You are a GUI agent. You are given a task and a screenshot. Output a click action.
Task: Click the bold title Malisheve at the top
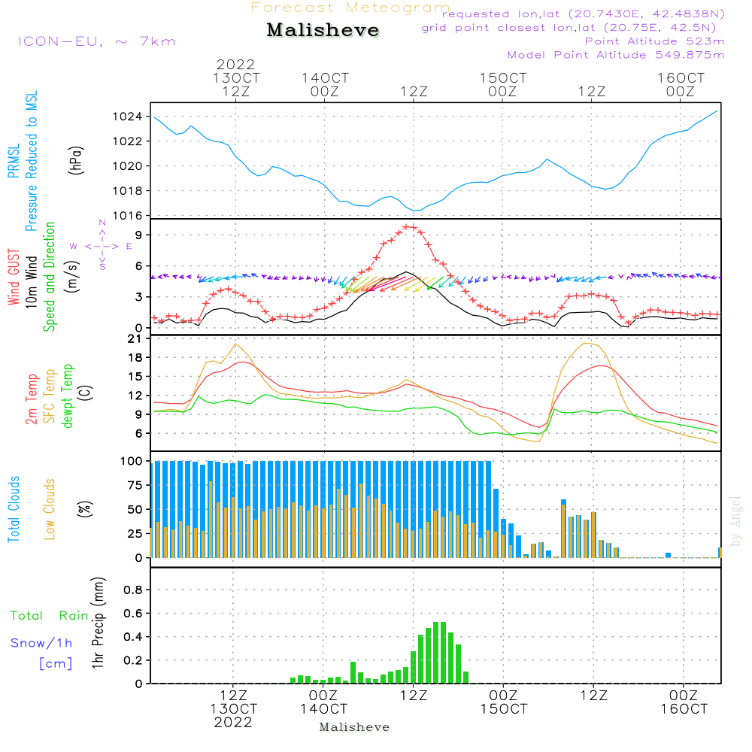point(323,30)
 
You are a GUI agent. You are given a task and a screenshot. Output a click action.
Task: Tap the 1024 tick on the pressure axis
point(127,117)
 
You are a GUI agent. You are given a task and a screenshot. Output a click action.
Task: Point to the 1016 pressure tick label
point(127,215)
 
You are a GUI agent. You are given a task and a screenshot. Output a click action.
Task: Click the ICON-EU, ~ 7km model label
point(97,41)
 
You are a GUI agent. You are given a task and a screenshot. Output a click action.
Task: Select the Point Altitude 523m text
point(654,41)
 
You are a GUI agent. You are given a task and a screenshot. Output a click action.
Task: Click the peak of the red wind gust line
point(408,226)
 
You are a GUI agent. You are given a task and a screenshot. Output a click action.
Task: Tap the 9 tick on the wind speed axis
point(139,235)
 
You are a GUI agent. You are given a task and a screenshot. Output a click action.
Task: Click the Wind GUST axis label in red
point(14,277)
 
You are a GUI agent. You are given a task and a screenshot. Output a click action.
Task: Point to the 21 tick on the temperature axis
point(135,338)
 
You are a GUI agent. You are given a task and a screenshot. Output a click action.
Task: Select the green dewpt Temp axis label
point(67,396)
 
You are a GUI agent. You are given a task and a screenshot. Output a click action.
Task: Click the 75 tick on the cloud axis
point(135,485)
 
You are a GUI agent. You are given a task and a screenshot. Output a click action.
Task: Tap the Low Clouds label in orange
point(49,509)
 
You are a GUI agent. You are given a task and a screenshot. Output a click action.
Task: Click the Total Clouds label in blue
point(14,509)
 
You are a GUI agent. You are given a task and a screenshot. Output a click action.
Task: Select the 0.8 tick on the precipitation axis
point(133,590)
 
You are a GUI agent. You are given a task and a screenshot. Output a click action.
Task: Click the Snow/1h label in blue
point(41,643)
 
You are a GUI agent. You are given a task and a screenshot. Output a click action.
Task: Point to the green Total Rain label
point(50,615)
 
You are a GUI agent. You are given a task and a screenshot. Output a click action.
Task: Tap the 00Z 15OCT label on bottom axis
point(504,702)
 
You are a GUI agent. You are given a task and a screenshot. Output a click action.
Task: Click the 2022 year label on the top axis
point(235,64)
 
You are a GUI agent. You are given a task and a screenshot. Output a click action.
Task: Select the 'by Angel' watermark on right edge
point(735,521)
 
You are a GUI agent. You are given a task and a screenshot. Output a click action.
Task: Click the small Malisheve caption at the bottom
point(354,727)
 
